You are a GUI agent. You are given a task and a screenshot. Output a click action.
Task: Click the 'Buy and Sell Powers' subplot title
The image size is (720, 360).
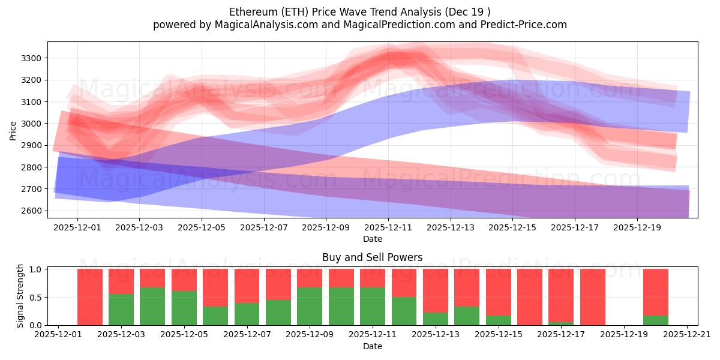[372, 257]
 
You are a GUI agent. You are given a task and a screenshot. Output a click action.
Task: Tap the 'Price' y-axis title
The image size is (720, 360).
[13, 130]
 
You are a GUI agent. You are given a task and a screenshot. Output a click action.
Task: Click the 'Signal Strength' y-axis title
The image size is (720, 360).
[20, 296]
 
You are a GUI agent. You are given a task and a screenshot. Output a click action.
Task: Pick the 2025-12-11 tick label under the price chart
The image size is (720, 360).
[388, 228]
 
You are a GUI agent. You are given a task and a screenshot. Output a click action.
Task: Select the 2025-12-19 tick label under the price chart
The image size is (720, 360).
[637, 228]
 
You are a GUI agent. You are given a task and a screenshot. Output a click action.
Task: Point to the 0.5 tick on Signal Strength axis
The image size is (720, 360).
[36, 297]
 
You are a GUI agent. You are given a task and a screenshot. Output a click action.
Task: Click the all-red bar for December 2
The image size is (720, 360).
[90, 297]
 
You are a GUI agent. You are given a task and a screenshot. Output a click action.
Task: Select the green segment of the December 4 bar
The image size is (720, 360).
[152, 306]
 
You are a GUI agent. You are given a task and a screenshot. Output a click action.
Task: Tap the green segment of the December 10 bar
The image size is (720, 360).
[341, 306]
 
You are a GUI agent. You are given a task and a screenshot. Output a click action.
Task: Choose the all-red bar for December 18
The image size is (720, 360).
[592, 297]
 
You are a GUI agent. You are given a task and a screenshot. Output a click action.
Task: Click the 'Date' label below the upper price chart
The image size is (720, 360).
[372, 239]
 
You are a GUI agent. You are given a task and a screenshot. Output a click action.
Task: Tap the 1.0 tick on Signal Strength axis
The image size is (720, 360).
[36, 269]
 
